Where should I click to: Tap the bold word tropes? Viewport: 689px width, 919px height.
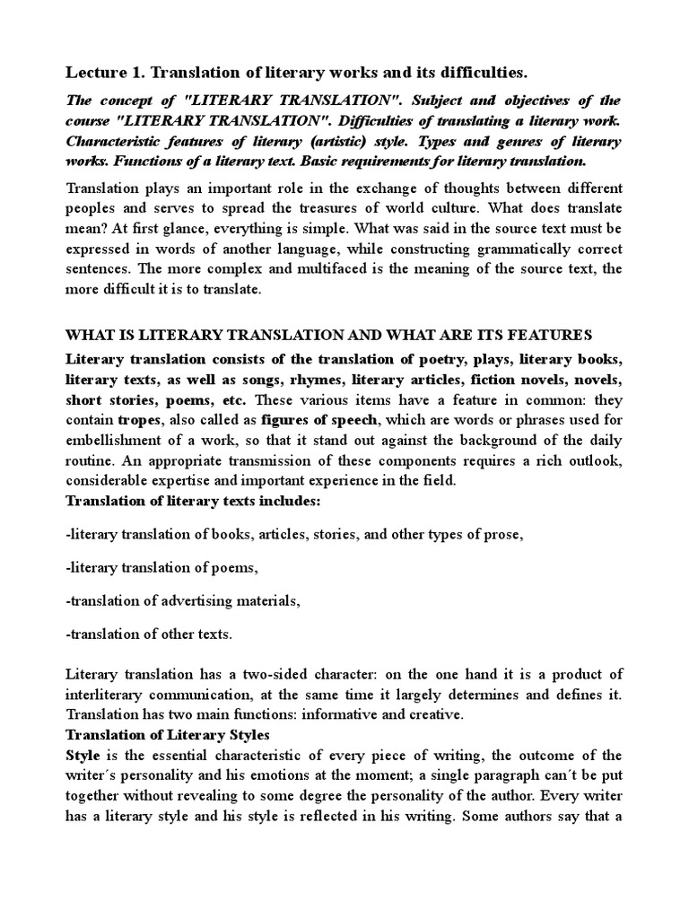point(137,419)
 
